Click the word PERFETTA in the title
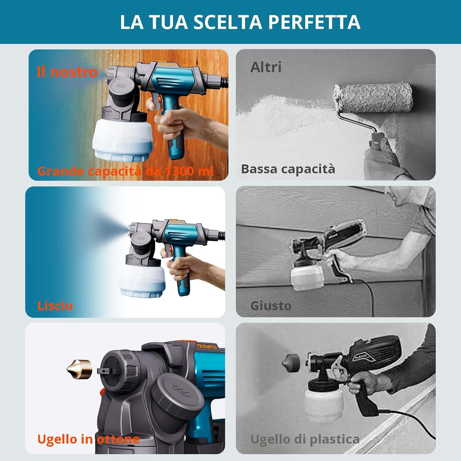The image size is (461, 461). (314, 22)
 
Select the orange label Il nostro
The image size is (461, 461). (67, 72)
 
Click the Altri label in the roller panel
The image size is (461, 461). (266, 67)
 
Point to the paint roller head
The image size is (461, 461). (373, 98)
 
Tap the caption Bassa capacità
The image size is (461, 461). (288, 169)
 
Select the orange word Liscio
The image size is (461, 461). (55, 306)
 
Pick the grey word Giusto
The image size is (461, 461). (271, 306)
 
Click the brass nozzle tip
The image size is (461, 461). (79, 369)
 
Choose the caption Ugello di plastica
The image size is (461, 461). (305, 439)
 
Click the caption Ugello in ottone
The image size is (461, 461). (88, 439)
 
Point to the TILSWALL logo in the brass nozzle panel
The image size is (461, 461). (207, 346)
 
